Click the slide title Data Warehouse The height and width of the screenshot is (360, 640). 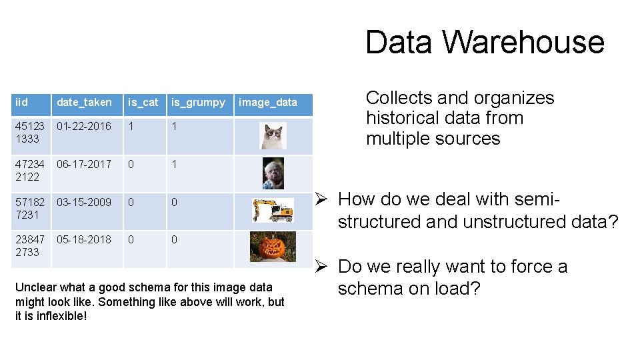point(485,42)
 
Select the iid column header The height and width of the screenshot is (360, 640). point(22,103)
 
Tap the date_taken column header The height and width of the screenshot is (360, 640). point(84,103)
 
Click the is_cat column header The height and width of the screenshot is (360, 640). point(143,103)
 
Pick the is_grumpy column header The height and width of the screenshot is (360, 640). point(198,103)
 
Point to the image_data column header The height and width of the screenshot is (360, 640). point(268,103)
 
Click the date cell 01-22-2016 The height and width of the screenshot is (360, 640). point(84,127)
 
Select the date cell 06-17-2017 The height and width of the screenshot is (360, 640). point(84,165)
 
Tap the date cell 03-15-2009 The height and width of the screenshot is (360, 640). point(84,203)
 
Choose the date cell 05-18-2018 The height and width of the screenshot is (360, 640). point(84,240)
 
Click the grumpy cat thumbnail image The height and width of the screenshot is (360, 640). point(273,136)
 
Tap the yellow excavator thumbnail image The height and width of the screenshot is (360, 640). point(273,211)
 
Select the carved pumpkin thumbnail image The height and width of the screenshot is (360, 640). point(273,247)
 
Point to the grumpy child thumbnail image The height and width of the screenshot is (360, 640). point(273,173)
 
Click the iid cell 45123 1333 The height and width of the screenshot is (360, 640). point(29,133)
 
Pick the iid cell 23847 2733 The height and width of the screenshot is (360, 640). point(29,246)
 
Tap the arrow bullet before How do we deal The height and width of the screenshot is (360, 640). point(321,199)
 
